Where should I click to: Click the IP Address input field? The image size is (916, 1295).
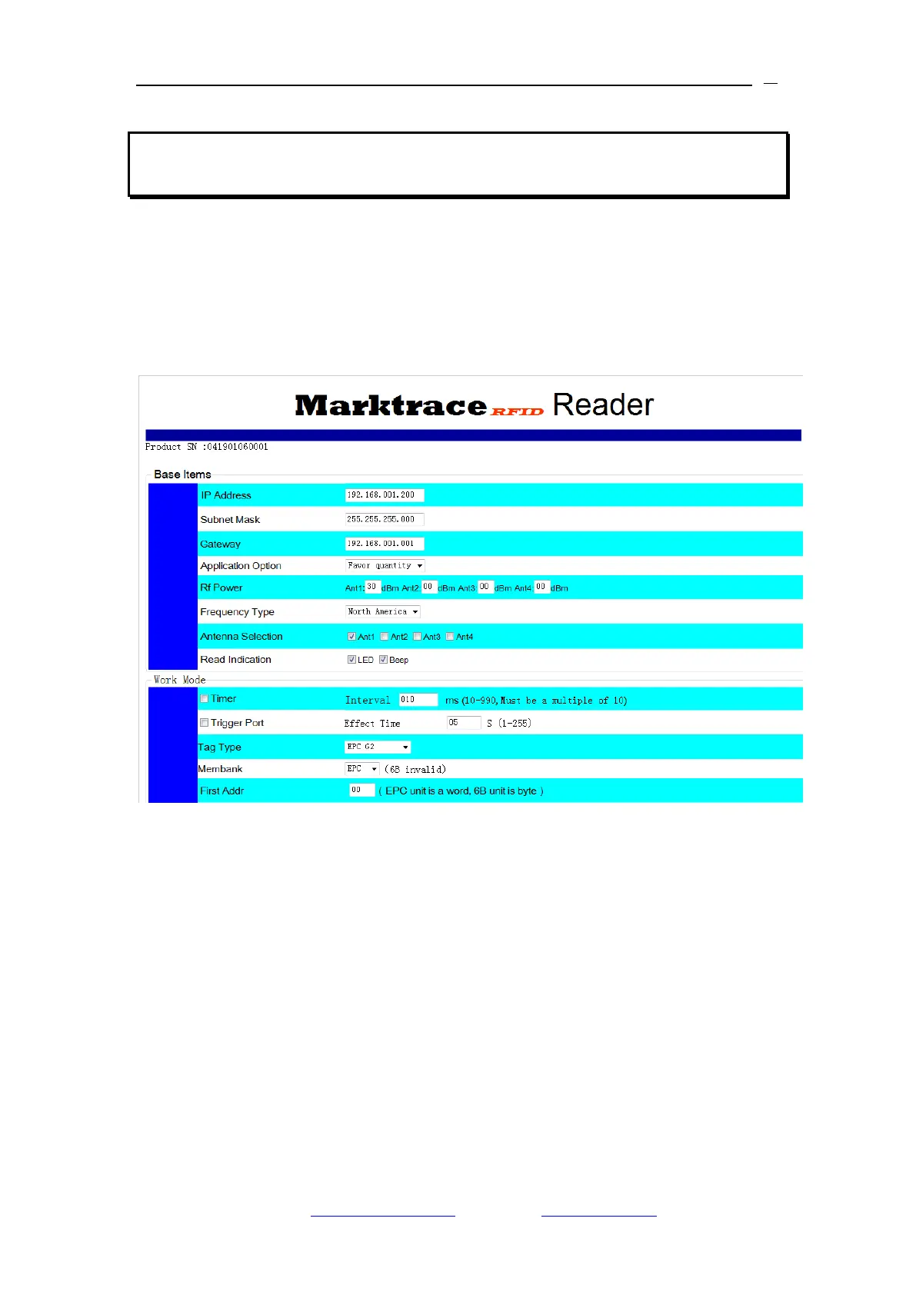(x=384, y=495)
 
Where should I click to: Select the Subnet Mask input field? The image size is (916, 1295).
(x=384, y=519)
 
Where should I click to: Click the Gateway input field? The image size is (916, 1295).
(x=384, y=544)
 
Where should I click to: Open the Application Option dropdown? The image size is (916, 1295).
(x=385, y=565)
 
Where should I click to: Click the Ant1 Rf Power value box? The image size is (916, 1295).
(x=372, y=587)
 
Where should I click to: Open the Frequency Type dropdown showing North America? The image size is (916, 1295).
(x=382, y=611)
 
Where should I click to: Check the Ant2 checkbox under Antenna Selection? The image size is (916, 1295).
(x=385, y=637)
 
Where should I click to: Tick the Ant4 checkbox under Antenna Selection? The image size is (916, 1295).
(x=450, y=637)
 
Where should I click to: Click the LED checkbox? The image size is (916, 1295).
(x=351, y=660)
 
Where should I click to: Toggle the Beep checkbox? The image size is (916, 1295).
(x=383, y=660)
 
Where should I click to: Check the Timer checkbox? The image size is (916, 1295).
(x=205, y=699)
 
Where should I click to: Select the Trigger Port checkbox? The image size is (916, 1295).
(x=205, y=723)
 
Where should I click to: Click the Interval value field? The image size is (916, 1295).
(x=418, y=700)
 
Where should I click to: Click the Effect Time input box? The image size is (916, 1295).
(x=463, y=723)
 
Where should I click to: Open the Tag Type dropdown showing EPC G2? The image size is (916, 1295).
(x=377, y=747)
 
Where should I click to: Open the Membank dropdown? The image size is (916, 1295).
(x=361, y=769)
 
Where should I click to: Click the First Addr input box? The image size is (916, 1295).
(x=361, y=790)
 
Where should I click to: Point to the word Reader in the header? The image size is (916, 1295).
(x=603, y=405)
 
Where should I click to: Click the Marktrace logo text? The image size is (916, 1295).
(x=391, y=405)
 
